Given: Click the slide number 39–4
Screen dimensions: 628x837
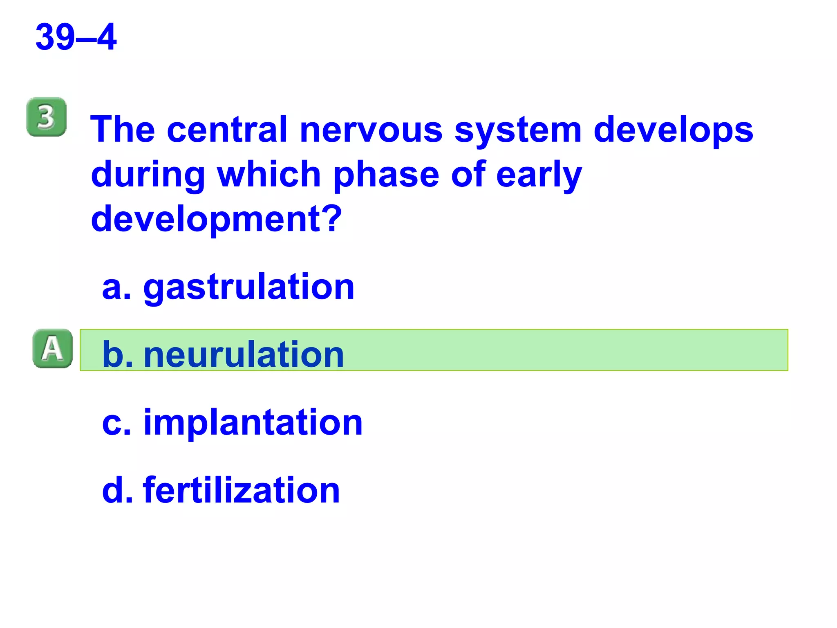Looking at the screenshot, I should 76,37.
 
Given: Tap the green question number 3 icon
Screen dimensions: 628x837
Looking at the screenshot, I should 46,117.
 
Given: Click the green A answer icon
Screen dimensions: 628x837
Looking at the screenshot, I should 52,349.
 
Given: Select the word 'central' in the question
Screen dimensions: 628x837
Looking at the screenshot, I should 227,130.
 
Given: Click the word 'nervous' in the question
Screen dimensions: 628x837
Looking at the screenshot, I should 371,130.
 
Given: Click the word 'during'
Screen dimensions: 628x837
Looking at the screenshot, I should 148,175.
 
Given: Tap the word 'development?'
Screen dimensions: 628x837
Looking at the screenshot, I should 216,220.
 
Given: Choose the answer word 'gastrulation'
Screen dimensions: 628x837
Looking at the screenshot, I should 249,288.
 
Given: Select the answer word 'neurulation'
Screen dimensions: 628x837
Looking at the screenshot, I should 244,354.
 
